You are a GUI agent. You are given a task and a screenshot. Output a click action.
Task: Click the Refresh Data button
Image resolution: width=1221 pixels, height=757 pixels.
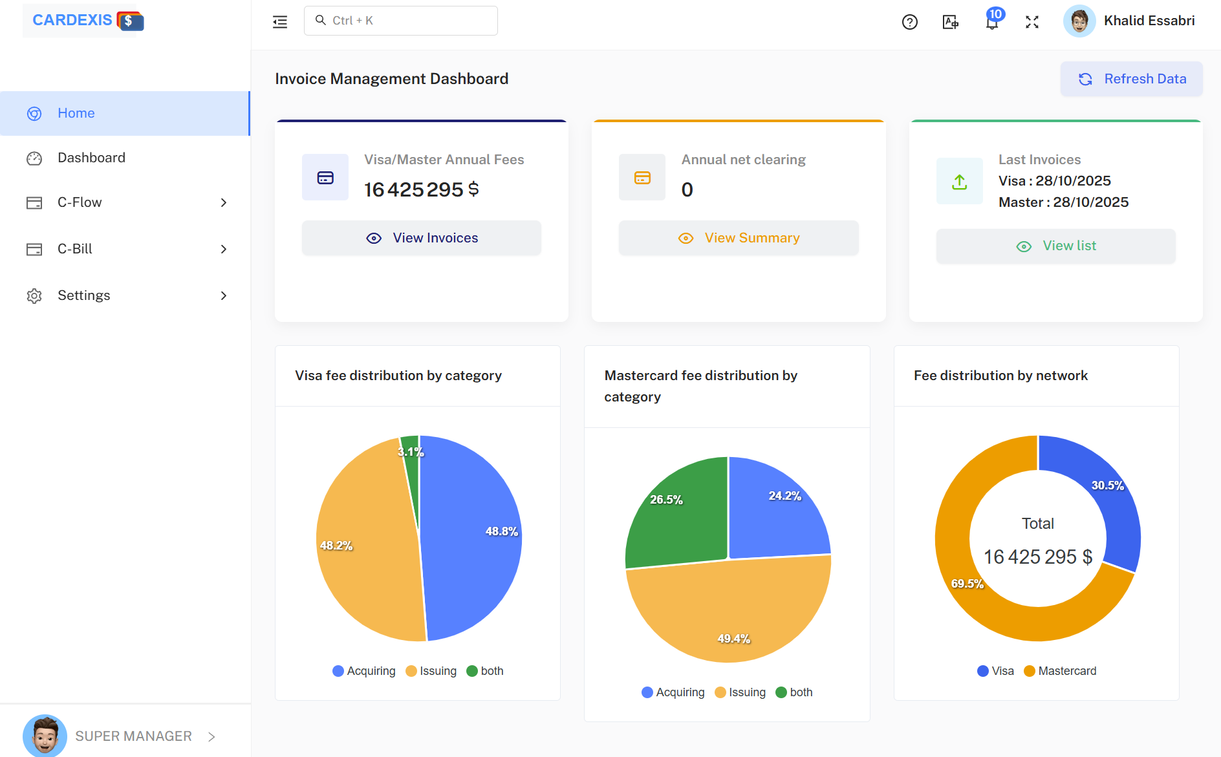pyautogui.click(x=1131, y=79)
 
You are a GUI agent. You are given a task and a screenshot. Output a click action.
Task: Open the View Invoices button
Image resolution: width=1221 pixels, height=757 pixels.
pyautogui.click(x=422, y=238)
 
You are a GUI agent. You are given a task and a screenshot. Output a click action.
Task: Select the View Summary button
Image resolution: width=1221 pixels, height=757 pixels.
pyautogui.click(x=739, y=238)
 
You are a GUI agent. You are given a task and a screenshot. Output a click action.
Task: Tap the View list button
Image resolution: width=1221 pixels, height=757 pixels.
pyautogui.click(x=1055, y=246)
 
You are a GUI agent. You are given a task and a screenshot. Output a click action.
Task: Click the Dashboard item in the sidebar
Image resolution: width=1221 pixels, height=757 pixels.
pyautogui.click(x=91, y=158)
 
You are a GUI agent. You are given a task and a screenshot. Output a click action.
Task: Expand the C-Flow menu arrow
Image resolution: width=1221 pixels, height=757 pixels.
pyautogui.click(x=224, y=202)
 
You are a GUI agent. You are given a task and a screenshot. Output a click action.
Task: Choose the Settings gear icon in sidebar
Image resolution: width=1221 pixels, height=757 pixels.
pyautogui.click(x=34, y=296)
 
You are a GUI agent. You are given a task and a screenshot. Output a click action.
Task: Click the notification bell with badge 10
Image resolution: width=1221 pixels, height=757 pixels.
pyautogui.click(x=991, y=22)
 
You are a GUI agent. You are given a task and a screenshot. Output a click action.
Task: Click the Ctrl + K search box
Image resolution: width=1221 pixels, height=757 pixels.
pyautogui.click(x=401, y=21)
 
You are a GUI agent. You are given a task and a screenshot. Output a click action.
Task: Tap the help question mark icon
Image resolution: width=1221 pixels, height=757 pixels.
pyautogui.click(x=909, y=22)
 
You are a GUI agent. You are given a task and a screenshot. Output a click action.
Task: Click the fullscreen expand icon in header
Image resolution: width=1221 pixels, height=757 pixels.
pyautogui.click(x=1032, y=22)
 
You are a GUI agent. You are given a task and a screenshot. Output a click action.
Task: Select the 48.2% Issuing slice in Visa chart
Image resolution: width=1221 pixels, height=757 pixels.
pyautogui.click(x=362, y=549)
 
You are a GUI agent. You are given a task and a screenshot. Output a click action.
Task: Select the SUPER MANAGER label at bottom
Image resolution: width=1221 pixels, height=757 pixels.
pyautogui.click(x=133, y=736)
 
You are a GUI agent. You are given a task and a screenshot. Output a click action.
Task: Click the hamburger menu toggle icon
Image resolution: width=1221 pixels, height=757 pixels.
pyautogui.click(x=280, y=22)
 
